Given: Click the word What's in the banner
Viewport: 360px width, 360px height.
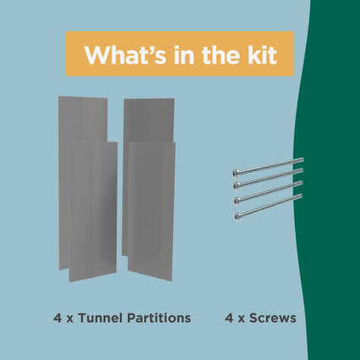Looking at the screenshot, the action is [126, 55].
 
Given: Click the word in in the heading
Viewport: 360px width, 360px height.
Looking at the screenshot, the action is [184, 54].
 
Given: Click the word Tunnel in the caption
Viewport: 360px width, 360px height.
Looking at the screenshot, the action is [101, 318].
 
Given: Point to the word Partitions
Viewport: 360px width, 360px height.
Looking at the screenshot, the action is [159, 318].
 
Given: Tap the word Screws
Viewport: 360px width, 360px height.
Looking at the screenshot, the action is [273, 319].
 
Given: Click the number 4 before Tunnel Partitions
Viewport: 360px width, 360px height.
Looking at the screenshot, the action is [57, 319].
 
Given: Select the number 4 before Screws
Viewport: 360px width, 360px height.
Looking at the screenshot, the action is [229, 319].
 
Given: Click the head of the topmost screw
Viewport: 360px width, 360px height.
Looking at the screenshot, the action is [236, 173].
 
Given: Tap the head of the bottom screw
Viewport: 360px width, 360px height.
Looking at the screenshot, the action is [237, 216].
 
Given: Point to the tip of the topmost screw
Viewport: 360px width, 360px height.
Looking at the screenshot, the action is [303, 161].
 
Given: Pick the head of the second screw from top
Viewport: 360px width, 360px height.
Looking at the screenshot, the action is [237, 186].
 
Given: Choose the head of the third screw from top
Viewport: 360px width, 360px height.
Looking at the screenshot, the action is [237, 200].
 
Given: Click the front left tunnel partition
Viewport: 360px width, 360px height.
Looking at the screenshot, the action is [93, 211].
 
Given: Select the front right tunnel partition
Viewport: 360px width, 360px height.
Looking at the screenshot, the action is [151, 211].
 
